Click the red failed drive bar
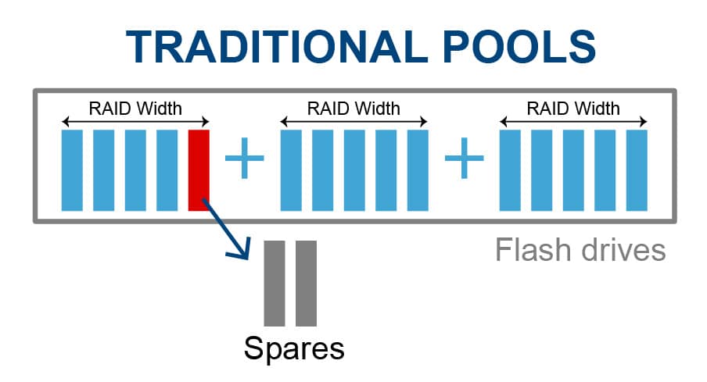click(199, 170)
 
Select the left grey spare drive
click(275, 283)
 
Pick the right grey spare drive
click(306, 283)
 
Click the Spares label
click(294, 348)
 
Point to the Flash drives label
click(580, 251)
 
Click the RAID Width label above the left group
click(135, 109)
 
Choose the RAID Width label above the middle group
click(354, 109)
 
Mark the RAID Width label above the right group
click(573, 109)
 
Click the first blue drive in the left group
click(72, 170)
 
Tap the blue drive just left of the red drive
click(167, 170)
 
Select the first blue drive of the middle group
click(291, 170)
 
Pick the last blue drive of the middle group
click(418, 170)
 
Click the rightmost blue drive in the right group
click(637, 170)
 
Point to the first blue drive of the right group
click(510, 170)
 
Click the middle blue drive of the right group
click(573, 170)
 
